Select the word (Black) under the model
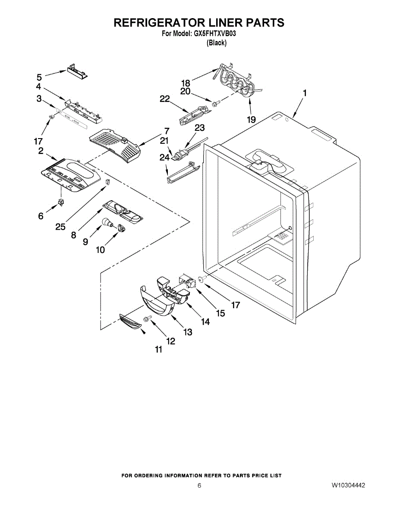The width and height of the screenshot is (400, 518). pyautogui.click(x=216, y=43)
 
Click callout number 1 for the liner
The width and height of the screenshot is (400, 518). pyautogui.click(x=304, y=93)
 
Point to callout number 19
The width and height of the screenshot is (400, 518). pyautogui.click(x=251, y=119)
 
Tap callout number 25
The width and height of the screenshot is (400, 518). pyautogui.click(x=60, y=227)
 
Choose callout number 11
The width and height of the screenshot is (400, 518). pyautogui.click(x=158, y=350)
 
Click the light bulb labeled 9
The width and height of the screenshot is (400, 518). pyautogui.click(x=107, y=223)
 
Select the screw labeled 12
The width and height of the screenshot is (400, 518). pyautogui.click(x=148, y=319)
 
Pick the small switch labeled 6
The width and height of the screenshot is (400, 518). pyautogui.click(x=61, y=202)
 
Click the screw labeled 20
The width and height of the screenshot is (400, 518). pyautogui.click(x=216, y=104)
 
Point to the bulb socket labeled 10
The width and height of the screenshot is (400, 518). pyautogui.click(x=122, y=227)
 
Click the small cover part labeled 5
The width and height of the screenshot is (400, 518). pyautogui.click(x=77, y=71)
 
